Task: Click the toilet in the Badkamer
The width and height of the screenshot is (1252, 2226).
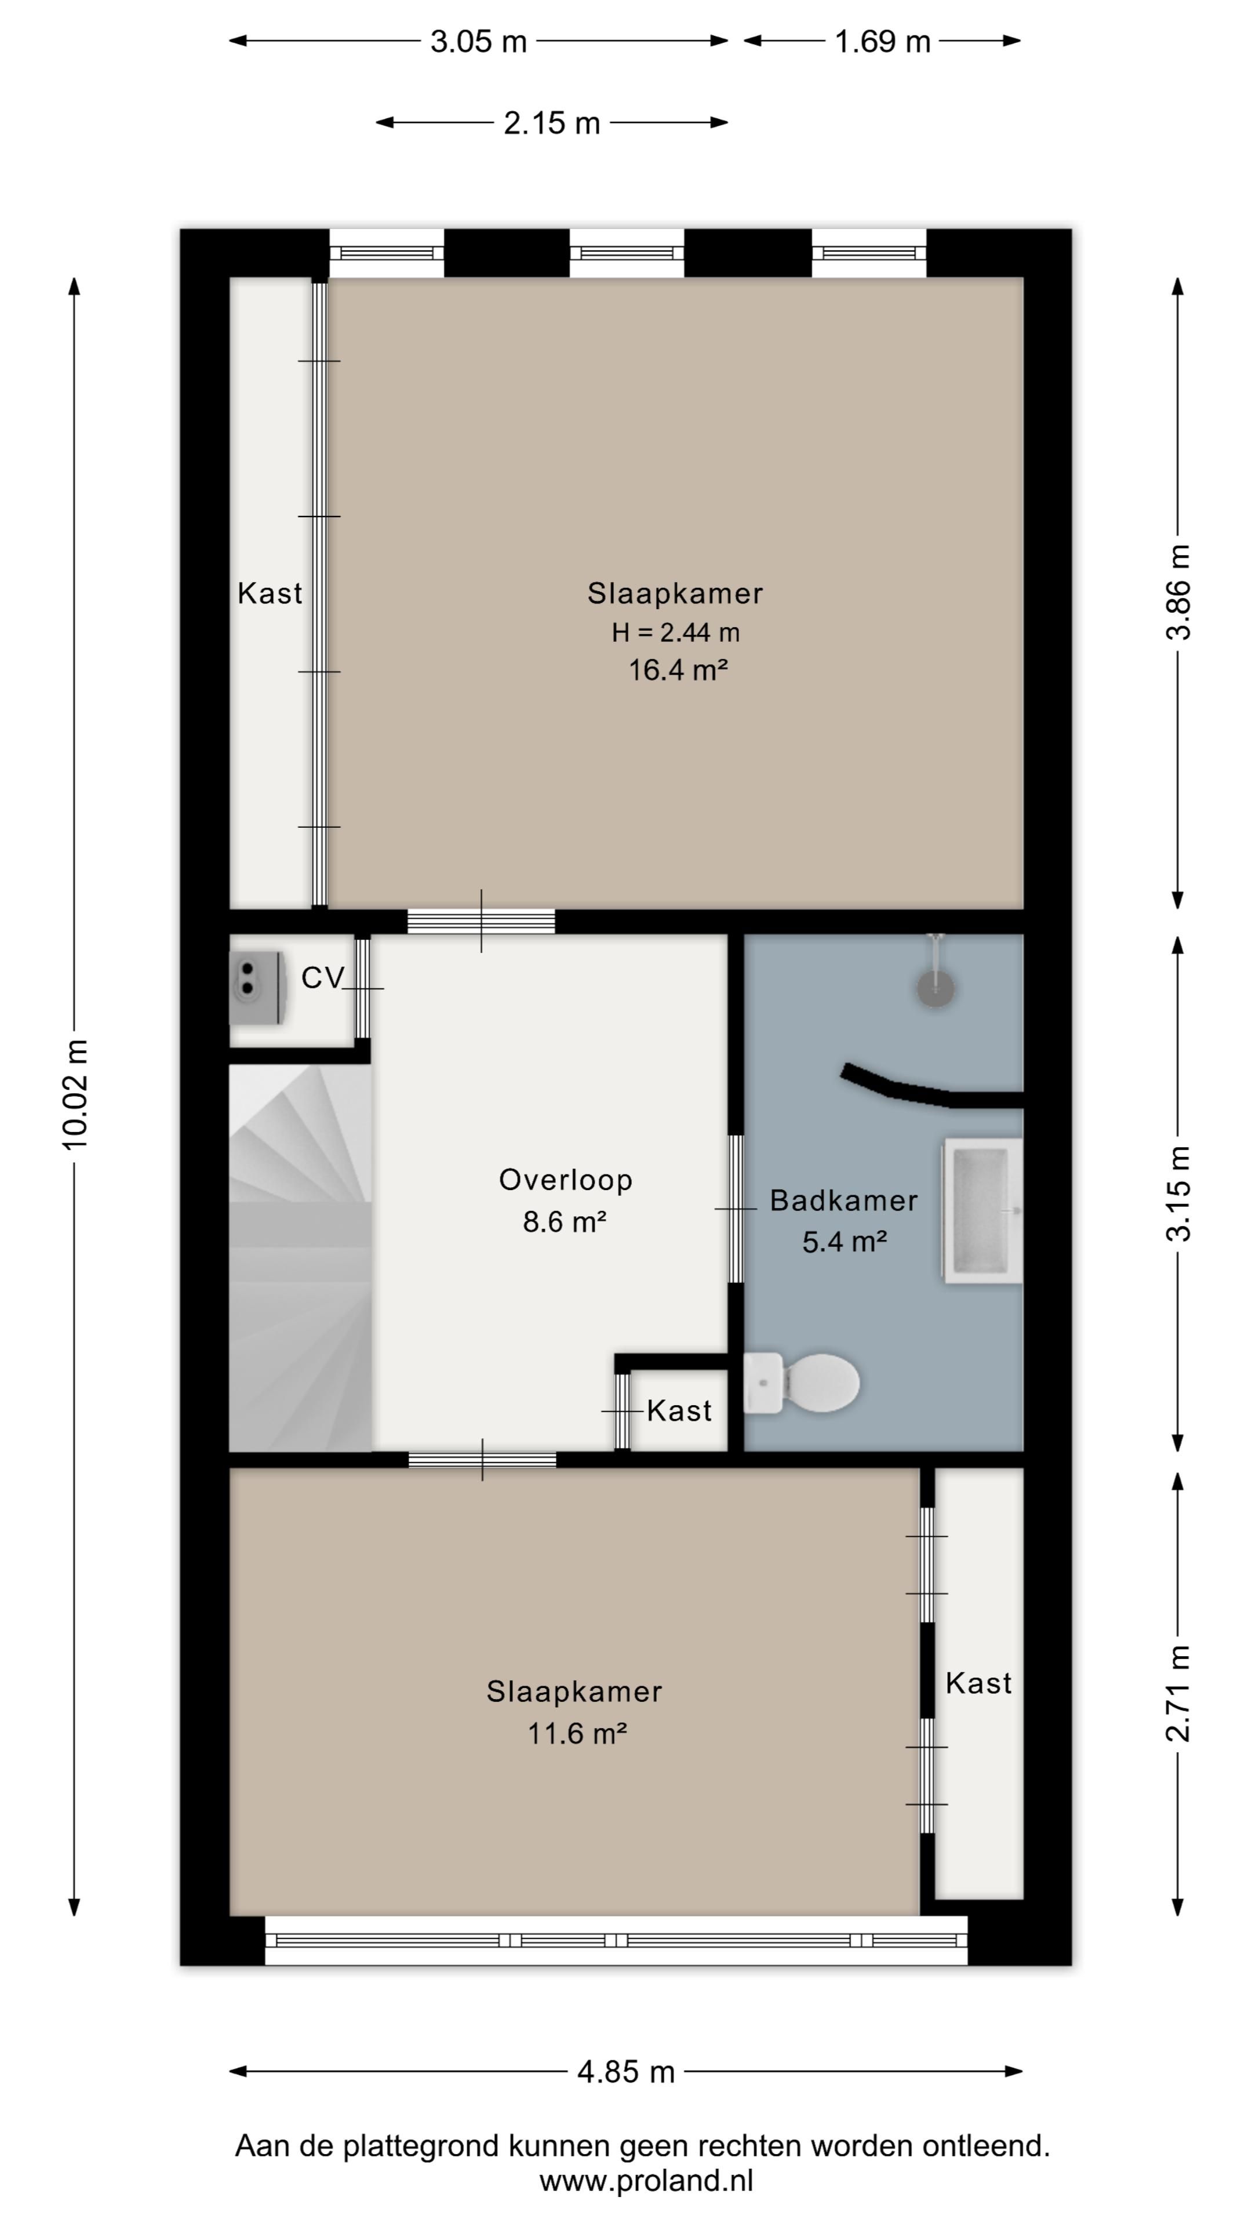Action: [x=801, y=1383]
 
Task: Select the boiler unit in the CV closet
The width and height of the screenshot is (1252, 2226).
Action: [x=257, y=988]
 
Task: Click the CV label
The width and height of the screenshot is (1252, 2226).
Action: [x=322, y=978]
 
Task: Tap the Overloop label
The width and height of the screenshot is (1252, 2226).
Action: [x=566, y=1180]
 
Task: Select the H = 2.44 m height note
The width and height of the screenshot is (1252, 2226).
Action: [x=676, y=632]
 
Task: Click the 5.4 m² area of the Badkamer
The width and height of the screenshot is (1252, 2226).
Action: [x=844, y=1242]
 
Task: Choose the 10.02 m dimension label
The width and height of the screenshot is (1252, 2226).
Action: [x=75, y=1095]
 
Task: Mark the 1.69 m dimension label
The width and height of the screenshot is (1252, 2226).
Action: [x=882, y=42]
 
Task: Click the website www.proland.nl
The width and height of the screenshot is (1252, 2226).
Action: [x=646, y=2181]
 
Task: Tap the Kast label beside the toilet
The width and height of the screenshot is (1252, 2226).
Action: [x=679, y=1410]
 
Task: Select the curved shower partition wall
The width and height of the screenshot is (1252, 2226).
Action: [x=931, y=1089]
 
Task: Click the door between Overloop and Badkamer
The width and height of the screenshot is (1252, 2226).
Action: [x=736, y=1208]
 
